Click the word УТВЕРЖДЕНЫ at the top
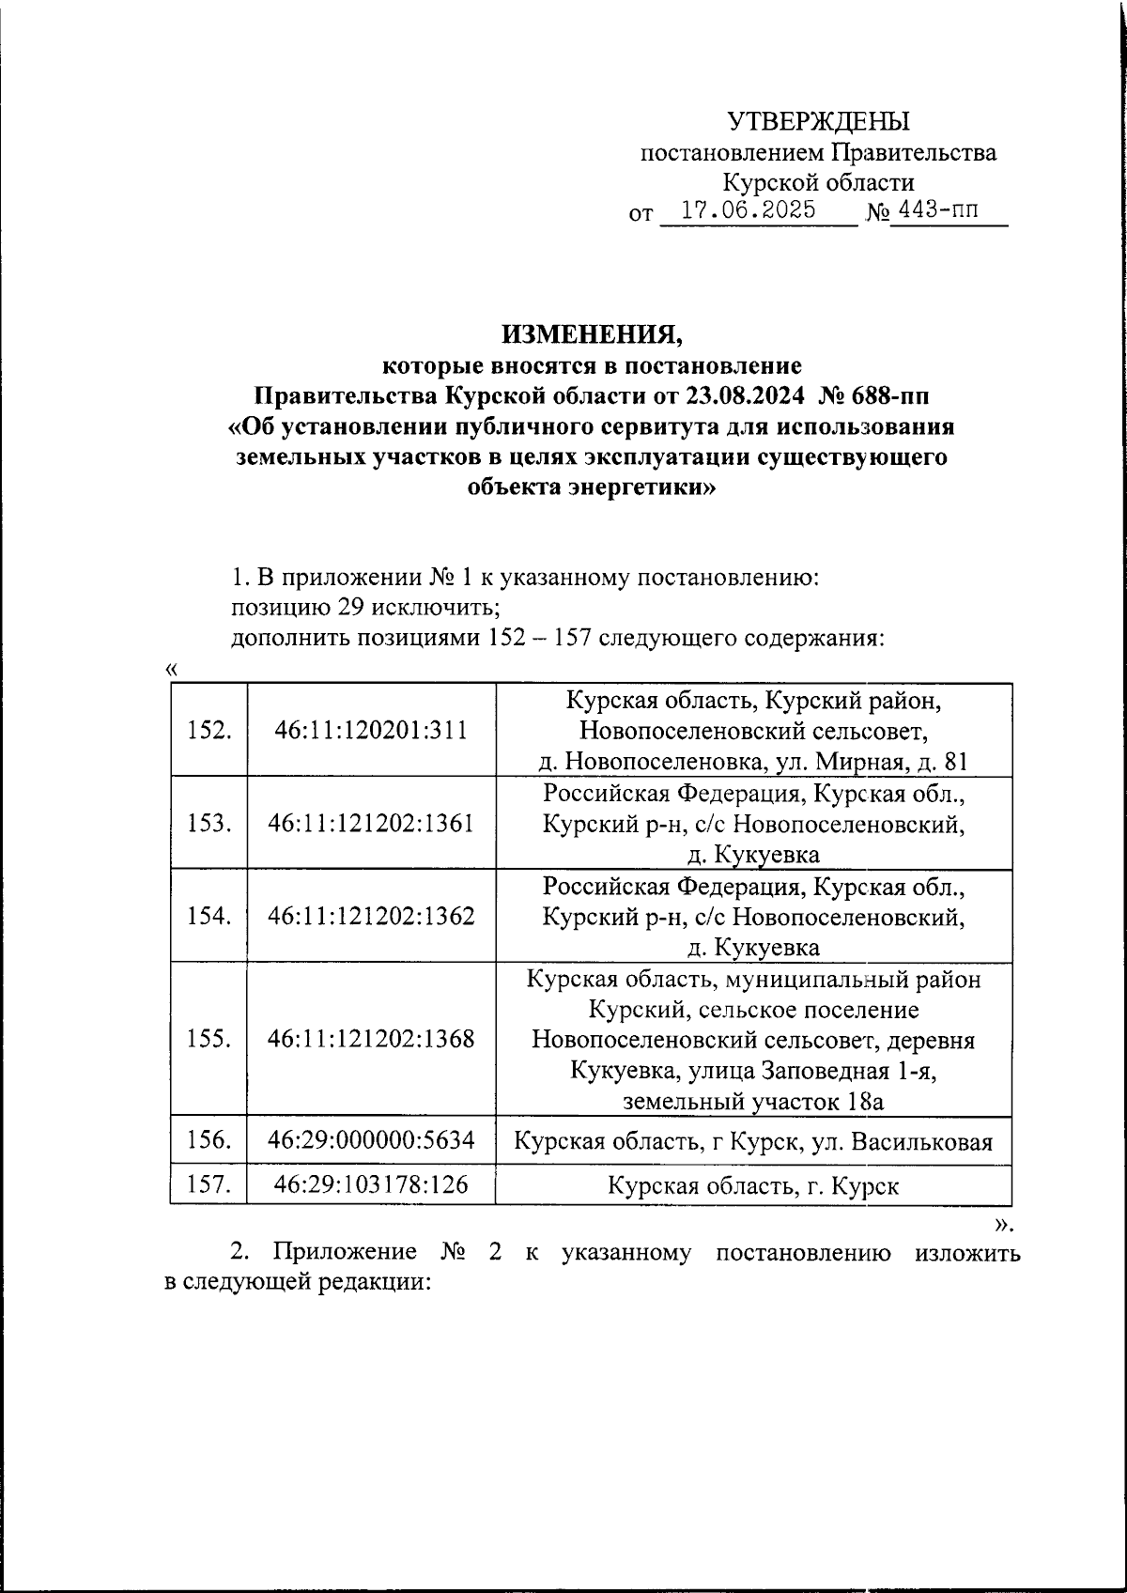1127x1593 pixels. point(819,121)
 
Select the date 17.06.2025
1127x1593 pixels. point(748,209)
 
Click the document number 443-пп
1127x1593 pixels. point(936,209)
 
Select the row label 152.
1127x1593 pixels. point(209,730)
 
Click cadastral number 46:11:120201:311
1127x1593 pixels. point(371,730)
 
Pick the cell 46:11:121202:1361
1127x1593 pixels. point(371,823)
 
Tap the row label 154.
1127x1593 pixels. point(209,916)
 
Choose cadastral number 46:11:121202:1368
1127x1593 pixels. point(371,1039)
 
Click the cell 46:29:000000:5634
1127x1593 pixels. point(371,1140)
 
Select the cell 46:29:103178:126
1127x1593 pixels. point(371,1185)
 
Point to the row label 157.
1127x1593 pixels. point(209,1185)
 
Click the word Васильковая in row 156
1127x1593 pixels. point(924,1142)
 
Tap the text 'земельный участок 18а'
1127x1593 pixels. point(753,1101)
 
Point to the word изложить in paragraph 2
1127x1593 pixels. point(968,1252)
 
